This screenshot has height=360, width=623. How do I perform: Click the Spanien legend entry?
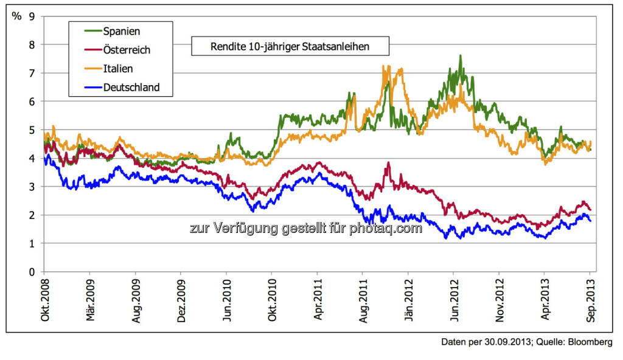(122, 30)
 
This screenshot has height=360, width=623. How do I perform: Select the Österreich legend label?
(127, 49)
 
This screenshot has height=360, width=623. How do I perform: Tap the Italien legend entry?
(118, 68)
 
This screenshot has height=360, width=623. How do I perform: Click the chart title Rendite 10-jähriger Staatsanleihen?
(290, 46)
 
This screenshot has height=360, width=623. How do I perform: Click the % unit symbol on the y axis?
(16, 16)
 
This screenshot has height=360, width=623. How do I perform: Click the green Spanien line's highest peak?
(461, 56)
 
